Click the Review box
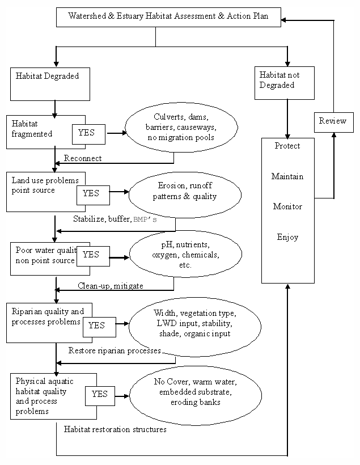[x=332, y=121]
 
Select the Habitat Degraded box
[x=50, y=83]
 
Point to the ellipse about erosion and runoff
[x=185, y=193]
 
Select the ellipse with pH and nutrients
[x=186, y=255]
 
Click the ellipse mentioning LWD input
[x=194, y=324]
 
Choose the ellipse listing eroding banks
[x=196, y=392]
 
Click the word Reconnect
[x=83, y=158]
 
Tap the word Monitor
[x=287, y=207]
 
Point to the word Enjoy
[x=287, y=237]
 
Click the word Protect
[x=287, y=146]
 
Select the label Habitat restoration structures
[x=115, y=430]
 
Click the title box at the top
[x=169, y=17]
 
